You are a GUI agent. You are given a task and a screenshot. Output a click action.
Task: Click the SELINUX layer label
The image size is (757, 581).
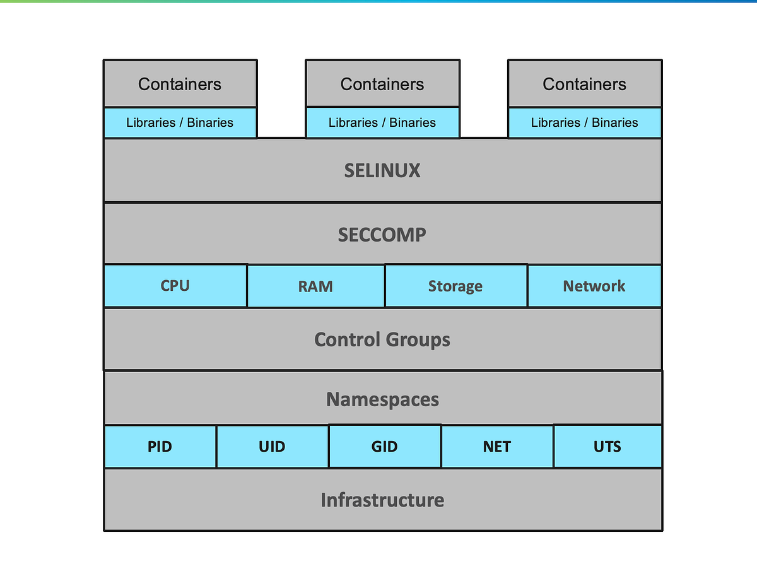coord(382,171)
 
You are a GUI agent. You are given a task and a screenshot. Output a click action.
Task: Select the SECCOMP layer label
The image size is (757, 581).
coord(382,235)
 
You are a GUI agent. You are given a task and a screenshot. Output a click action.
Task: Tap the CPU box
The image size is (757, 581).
coord(175,286)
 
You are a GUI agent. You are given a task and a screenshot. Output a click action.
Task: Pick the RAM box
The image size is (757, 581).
coord(315,286)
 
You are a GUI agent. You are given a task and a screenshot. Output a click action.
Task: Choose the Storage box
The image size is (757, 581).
coord(455,286)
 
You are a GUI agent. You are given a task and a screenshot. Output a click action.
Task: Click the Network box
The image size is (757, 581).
coord(594,286)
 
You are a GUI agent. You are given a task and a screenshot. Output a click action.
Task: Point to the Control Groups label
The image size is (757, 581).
coord(382,339)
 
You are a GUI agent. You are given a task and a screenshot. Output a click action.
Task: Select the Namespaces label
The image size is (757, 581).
coord(382,399)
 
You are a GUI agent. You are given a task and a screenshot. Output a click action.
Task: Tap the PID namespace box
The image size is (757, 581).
coord(160,447)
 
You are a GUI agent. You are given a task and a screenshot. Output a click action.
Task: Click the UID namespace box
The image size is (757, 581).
coord(272,447)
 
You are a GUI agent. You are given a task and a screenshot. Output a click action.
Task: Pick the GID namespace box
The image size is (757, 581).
coord(384,447)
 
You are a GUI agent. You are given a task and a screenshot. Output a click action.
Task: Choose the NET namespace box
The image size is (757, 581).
coord(497,447)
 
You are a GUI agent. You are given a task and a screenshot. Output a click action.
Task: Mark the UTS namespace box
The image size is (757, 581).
coord(607,447)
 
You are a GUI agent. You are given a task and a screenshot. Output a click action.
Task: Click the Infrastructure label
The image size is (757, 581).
coord(382,500)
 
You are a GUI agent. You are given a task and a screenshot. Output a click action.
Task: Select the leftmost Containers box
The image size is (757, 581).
coord(180,84)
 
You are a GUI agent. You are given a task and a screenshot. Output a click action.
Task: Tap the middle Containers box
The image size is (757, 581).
coord(382,84)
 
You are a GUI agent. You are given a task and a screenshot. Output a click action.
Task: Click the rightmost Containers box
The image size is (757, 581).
coord(585,84)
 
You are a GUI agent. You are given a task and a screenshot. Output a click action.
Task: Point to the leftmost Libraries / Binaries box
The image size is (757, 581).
coord(180,122)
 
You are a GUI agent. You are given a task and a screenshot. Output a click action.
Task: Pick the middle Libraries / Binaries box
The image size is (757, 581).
coord(382,122)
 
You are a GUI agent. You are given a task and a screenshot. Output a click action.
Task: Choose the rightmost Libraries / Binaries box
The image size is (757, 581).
coord(585,122)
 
